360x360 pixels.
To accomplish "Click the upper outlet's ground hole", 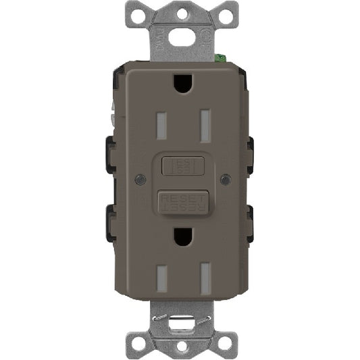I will tap(181, 83).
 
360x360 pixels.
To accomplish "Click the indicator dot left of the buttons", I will tap(138, 180).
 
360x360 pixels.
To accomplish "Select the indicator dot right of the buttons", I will tap(224, 180).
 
